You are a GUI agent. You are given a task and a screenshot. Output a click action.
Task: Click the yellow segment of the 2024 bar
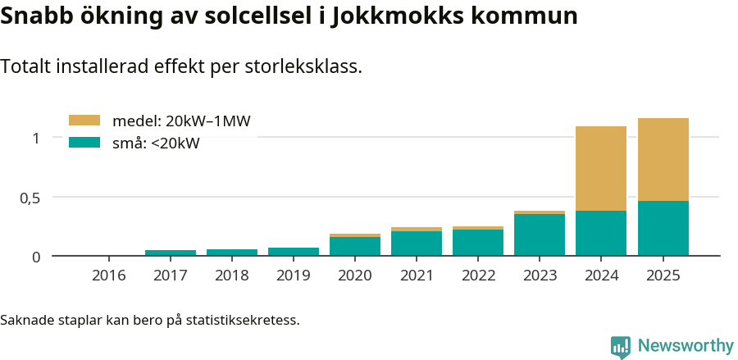(601, 168)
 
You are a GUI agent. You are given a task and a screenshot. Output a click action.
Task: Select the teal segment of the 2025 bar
(663, 228)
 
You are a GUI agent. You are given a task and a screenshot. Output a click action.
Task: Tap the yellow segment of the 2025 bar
(663, 159)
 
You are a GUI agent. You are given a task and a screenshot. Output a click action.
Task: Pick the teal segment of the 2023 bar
(540, 235)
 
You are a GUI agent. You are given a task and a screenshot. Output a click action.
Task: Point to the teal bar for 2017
(171, 253)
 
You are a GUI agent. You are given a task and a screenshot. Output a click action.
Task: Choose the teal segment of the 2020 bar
(355, 246)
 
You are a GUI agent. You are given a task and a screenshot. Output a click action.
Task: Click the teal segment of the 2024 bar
(601, 233)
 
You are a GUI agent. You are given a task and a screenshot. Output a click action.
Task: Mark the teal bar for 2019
(294, 252)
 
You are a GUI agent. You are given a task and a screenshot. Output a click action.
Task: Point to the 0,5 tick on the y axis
(29, 198)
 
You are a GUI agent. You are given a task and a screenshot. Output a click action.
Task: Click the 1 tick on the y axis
(35, 138)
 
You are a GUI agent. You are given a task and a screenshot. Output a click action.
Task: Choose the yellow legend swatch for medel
(84, 121)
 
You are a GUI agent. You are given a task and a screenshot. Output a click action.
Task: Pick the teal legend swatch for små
(84, 143)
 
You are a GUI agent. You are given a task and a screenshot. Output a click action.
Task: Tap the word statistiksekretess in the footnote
(243, 319)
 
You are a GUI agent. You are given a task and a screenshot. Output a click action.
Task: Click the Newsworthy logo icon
(621, 346)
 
